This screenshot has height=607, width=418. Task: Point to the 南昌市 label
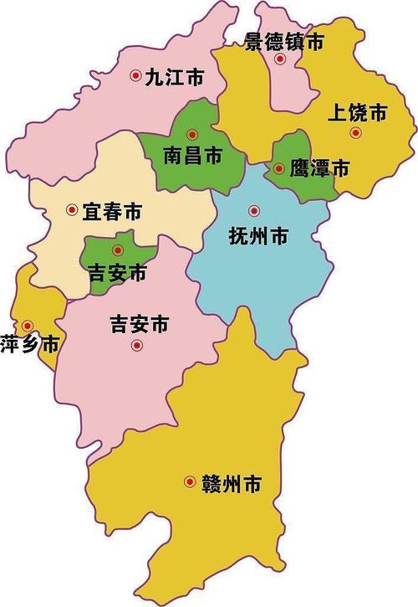pyautogui.click(x=193, y=154)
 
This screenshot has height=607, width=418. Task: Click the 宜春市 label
pyautogui.click(x=112, y=211)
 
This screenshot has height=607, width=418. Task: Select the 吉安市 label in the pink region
pyautogui.click(x=140, y=323)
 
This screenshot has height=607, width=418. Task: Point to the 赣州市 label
pyautogui.click(x=231, y=483)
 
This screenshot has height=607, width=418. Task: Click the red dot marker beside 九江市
pyautogui.click(x=135, y=76)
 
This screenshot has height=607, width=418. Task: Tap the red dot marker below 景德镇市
pyautogui.click(x=281, y=59)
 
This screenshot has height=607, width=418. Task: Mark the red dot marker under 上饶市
pyautogui.click(x=355, y=132)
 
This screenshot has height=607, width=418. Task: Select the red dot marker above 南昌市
pyautogui.click(x=192, y=133)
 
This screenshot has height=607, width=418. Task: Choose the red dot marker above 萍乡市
pyautogui.click(x=28, y=325)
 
